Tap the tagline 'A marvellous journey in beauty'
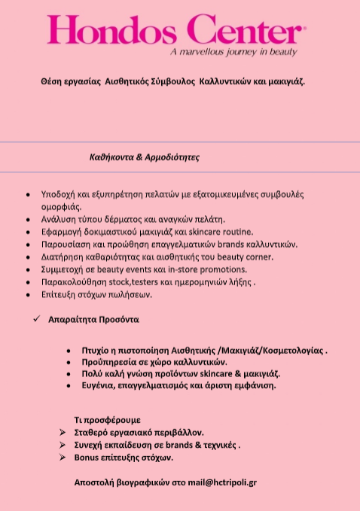click(x=233, y=53)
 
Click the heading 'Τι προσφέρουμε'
click(x=107, y=418)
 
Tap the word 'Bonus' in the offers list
click(x=88, y=457)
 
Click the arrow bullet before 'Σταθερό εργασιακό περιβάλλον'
click(x=63, y=433)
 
